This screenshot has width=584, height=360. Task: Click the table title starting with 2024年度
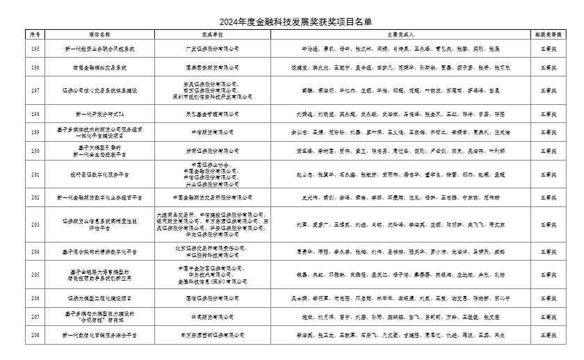pos(292,22)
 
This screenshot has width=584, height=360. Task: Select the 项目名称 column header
pos(99,33)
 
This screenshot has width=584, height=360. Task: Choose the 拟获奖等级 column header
pos(549,33)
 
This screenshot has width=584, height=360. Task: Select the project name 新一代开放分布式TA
pos(99,113)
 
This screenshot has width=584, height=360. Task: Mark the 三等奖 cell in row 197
pos(549,90)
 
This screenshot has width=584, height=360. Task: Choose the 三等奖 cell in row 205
pos(549,275)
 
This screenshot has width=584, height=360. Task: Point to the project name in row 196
pos(99,67)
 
